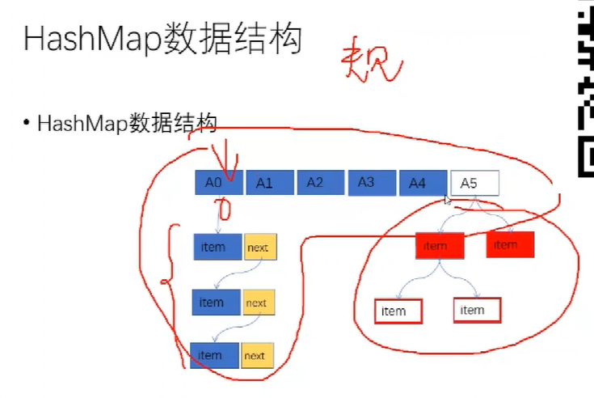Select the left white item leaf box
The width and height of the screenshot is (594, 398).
tap(398, 311)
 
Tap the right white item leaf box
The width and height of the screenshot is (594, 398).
tap(477, 310)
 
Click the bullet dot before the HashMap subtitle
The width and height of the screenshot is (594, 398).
tap(27, 123)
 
